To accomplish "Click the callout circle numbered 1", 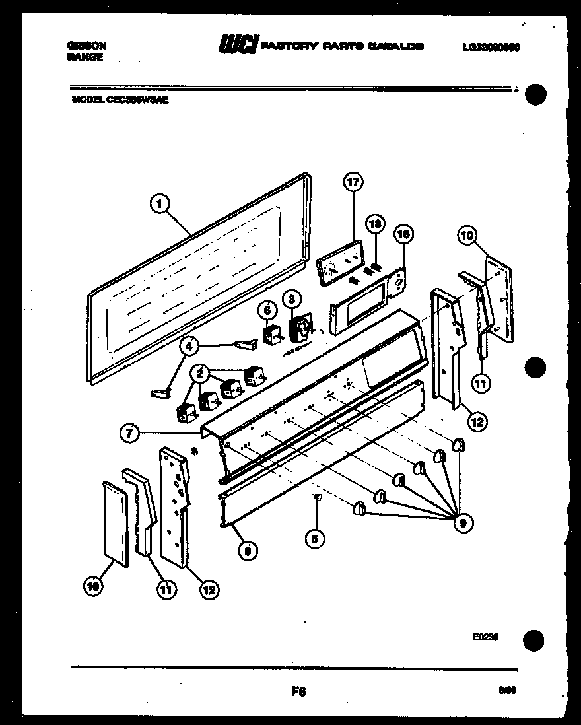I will pyautogui.click(x=158, y=205).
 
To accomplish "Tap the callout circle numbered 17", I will pyautogui.click(x=353, y=182).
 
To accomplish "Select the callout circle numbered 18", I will pyautogui.click(x=376, y=225).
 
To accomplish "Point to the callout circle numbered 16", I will pyautogui.click(x=403, y=234).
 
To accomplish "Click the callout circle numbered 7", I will pyautogui.click(x=130, y=434).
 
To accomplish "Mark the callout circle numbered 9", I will pyautogui.click(x=463, y=524).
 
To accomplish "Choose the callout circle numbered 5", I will pyautogui.click(x=315, y=539).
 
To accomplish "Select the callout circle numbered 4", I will pyautogui.click(x=189, y=345).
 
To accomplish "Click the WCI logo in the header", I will pyautogui.click(x=238, y=46).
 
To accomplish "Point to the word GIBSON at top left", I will pyautogui.click(x=86, y=46).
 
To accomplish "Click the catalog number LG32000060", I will pyautogui.click(x=491, y=46).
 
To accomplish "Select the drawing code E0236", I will pyautogui.click(x=485, y=637).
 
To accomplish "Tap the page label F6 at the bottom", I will pyautogui.click(x=298, y=691).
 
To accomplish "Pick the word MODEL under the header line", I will pyautogui.click(x=84, y=101).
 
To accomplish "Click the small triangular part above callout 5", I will pyautogui.click(x=316, y=496).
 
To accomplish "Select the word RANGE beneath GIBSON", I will pyautogui.click(x=85, y=57).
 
